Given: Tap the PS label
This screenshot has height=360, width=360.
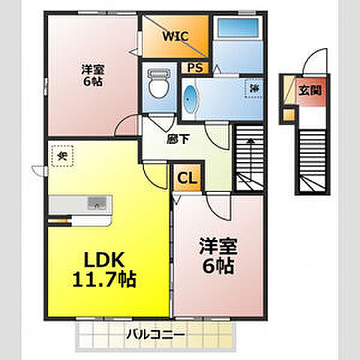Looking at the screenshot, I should click(x=195, y=68).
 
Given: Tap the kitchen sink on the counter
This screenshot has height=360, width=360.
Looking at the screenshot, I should click(x=97, y=202).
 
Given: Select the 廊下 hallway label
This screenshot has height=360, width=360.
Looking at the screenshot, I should click(x=176, y=137).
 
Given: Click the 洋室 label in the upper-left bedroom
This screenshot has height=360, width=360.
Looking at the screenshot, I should click(x=92, y=70).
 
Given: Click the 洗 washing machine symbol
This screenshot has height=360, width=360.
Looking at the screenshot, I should click(x=253, y=88).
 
